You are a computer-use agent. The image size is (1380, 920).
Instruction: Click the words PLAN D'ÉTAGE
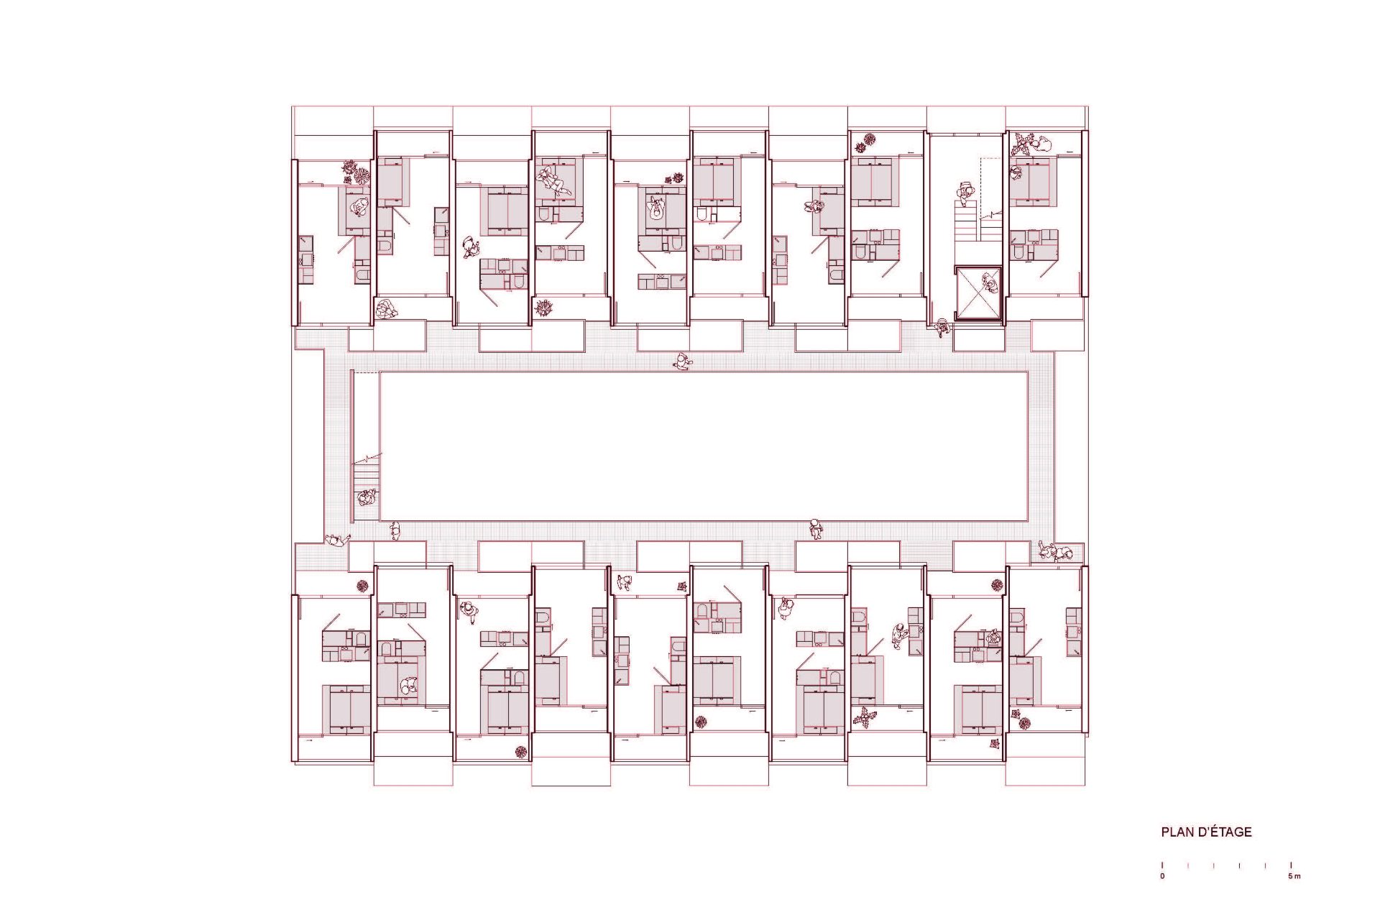1206,832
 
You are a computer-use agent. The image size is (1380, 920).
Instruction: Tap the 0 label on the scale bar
1162,876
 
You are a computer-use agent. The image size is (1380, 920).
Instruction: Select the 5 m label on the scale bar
1294,876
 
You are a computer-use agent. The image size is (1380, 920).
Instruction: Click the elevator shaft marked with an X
978,293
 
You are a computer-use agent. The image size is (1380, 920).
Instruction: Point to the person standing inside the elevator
990,284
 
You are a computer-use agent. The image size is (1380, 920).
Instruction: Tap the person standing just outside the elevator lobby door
942,328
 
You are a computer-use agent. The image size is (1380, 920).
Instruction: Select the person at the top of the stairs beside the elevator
965,193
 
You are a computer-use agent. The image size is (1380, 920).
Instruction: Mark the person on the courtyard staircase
367,497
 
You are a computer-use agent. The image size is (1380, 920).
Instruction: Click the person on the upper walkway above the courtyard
682,362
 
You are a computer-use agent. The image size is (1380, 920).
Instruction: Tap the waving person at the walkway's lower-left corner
337,540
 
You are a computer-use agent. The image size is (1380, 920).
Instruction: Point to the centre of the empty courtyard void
704,446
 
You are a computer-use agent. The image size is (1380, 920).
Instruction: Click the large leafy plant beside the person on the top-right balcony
1021,144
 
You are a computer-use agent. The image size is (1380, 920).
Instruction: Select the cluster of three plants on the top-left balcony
356,171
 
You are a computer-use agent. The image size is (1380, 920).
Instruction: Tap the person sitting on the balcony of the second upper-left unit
386,309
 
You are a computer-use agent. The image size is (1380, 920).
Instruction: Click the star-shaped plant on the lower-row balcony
865,716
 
